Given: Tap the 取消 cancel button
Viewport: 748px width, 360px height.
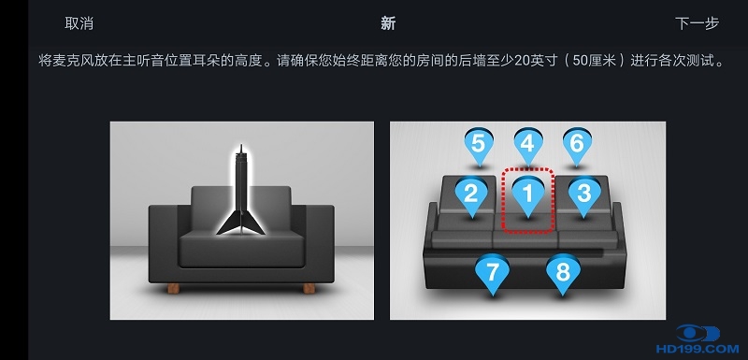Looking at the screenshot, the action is click(79, 23).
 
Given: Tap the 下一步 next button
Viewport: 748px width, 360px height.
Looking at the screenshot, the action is click(697, 23).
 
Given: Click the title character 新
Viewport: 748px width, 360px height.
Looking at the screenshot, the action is click(388, 23).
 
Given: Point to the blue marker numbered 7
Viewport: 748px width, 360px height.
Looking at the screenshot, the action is click(493, 274).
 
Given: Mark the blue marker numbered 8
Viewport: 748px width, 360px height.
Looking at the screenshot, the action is click(563, 274).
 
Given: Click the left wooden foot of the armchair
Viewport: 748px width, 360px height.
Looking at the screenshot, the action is click(174, 289).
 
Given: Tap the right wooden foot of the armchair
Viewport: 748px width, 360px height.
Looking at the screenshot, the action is click(309, 289).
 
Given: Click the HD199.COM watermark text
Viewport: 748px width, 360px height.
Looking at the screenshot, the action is click(697, 350).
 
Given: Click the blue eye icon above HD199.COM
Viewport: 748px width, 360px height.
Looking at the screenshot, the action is click(698, 333).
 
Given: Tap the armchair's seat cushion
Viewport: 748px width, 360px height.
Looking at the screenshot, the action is click(241, 248).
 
